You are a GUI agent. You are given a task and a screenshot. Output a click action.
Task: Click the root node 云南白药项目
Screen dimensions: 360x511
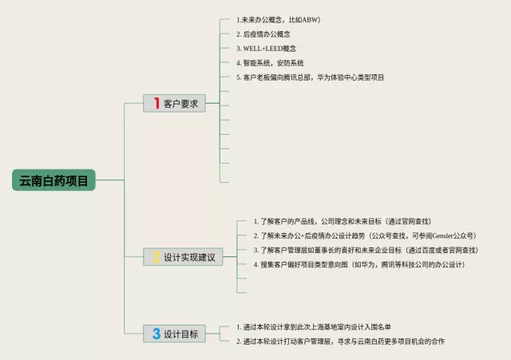55,180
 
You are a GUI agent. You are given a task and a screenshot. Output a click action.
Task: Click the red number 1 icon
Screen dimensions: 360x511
156,103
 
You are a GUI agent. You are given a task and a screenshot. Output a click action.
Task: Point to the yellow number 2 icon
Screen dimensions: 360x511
156,257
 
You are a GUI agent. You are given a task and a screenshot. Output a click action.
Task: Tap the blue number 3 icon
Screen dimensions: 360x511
156,334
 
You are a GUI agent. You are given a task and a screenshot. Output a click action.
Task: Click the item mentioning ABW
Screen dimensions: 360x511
281,18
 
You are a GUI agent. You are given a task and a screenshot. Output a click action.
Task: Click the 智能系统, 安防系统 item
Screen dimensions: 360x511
269,62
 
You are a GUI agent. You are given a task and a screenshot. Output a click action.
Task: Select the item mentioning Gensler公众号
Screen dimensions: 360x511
364,235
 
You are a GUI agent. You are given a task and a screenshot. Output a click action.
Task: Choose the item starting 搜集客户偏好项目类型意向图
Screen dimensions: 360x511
359,264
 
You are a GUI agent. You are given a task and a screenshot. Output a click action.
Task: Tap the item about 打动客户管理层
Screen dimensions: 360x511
341,341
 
